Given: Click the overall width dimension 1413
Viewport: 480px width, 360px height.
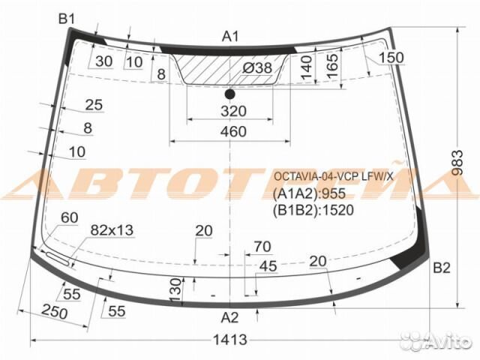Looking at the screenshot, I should click(x=229, y=340).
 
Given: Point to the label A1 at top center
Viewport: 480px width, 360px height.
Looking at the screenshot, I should click(x=230, y=36).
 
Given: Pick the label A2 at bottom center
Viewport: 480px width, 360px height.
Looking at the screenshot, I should click(x=230, y=316).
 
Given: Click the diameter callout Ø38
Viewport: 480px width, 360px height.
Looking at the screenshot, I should click(x=257, y=68).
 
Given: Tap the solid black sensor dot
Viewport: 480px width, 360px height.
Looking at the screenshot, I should click(x=230, y=94).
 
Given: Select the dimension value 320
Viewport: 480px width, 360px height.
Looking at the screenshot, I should click(x=234, y=112).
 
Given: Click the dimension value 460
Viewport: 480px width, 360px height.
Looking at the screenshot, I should click(x=234, y=132).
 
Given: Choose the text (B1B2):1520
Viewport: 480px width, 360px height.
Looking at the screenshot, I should click(x=313, y=210).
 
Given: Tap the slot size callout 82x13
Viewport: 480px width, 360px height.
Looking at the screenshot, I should click(x=112, y=230).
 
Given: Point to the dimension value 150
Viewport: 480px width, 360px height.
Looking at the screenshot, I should click(x=390, y=58).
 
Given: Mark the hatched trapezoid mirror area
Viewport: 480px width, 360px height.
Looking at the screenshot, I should click(x=217, y=71).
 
